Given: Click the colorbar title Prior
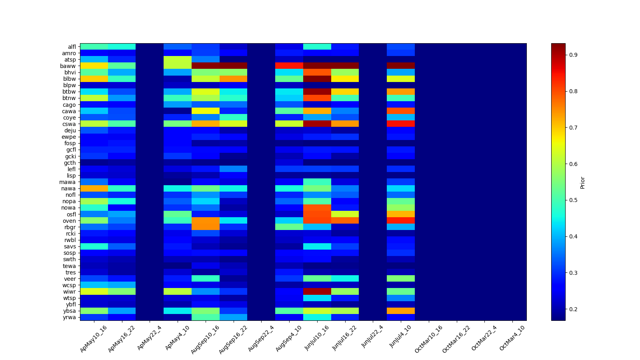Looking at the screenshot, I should (x=582, y=182).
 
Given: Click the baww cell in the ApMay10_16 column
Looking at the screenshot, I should (x=94, y=66).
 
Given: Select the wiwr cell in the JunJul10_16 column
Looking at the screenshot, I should (x=317, y=292).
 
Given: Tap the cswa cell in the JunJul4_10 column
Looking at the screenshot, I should (x=401, y=124).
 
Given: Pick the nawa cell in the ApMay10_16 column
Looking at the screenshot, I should (x=94, y=188).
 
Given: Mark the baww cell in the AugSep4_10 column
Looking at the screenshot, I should (x=289, y=66).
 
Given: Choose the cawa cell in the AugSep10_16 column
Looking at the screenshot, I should (x=206, y=111).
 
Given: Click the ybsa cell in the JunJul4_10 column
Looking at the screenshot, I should (x=401, y=311).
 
